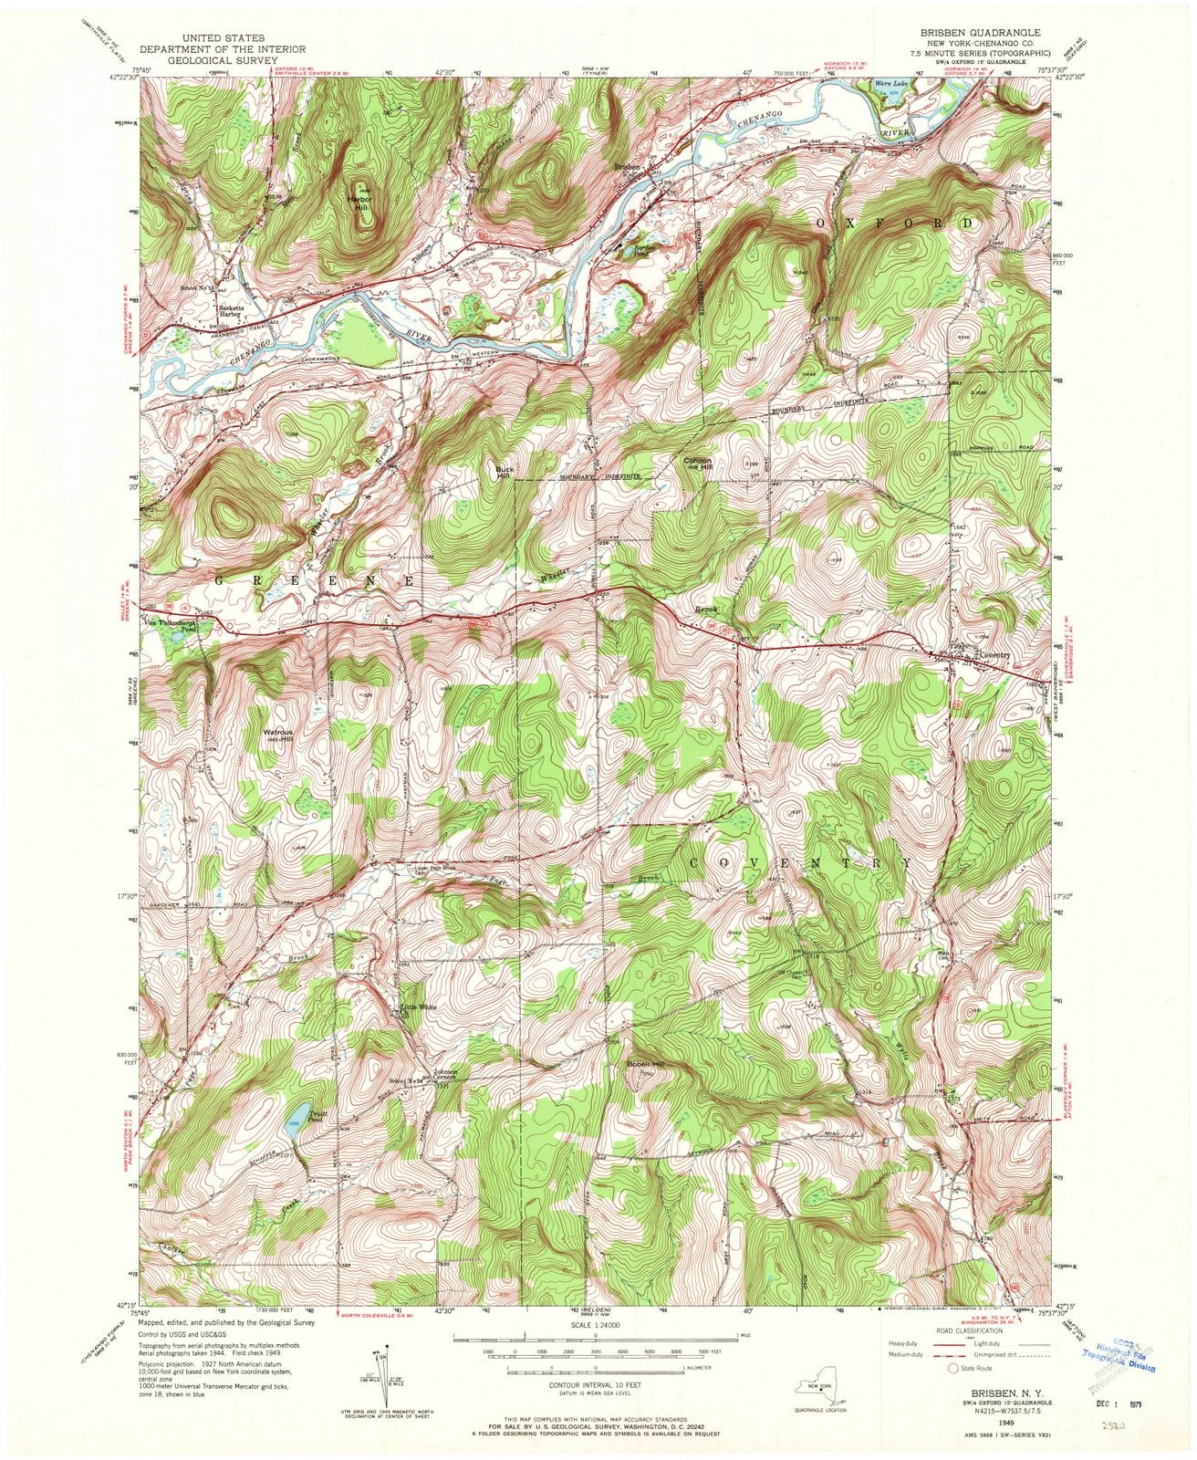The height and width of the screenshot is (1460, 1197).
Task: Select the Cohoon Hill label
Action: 698,464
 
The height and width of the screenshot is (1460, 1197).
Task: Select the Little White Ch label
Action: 419,1010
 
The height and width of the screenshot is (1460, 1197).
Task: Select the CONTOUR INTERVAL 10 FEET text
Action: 595,1385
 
